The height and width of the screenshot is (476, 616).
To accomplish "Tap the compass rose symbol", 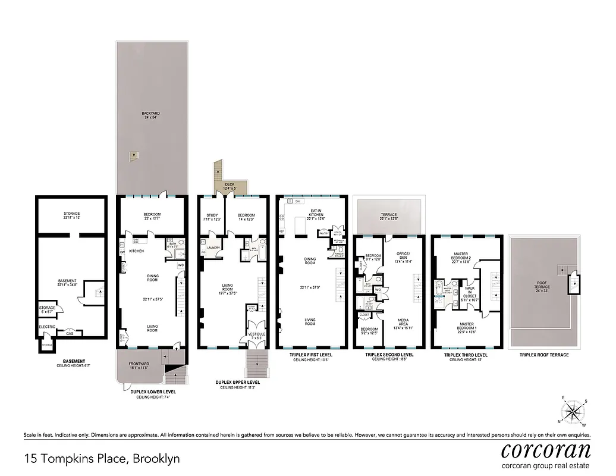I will [573, 410].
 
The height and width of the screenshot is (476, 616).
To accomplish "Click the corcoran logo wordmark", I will [546, 450].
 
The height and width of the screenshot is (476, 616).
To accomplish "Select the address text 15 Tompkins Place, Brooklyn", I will [102, 459].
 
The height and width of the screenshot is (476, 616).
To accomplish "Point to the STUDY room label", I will [212, 215].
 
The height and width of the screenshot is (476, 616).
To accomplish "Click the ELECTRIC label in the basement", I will [47, 327].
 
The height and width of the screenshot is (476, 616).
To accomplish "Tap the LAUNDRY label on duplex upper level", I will [213, 248].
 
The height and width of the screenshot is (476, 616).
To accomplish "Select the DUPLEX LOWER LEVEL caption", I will [152, 392].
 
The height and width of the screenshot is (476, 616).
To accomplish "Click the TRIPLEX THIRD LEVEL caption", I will [466, 355].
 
